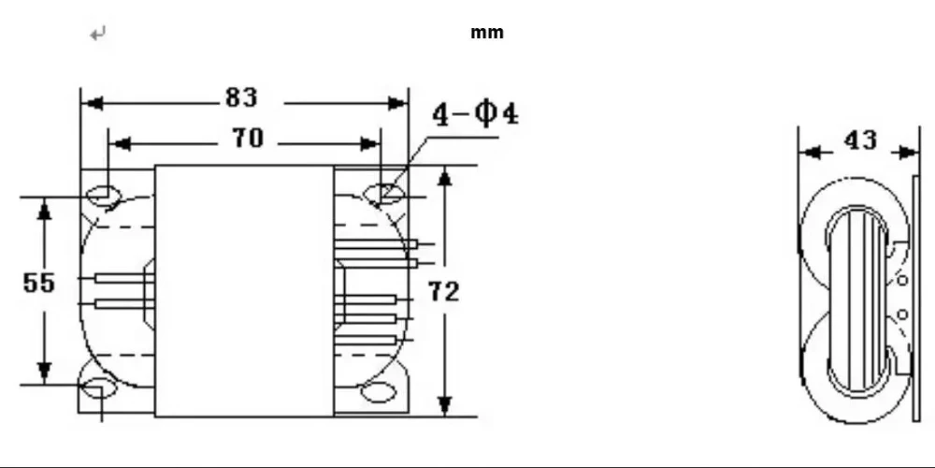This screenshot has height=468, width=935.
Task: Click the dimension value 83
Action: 241,97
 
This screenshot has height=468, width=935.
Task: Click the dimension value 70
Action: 248,138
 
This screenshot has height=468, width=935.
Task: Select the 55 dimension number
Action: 38,283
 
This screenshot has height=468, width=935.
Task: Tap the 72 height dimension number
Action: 444,292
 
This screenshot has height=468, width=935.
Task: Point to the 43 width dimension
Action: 861,141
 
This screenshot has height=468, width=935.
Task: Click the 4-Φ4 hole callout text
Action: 475,114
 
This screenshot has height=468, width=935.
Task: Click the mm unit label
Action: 487,33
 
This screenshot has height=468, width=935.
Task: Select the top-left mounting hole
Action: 104,196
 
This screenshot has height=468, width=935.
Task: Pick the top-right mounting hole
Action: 382,194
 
